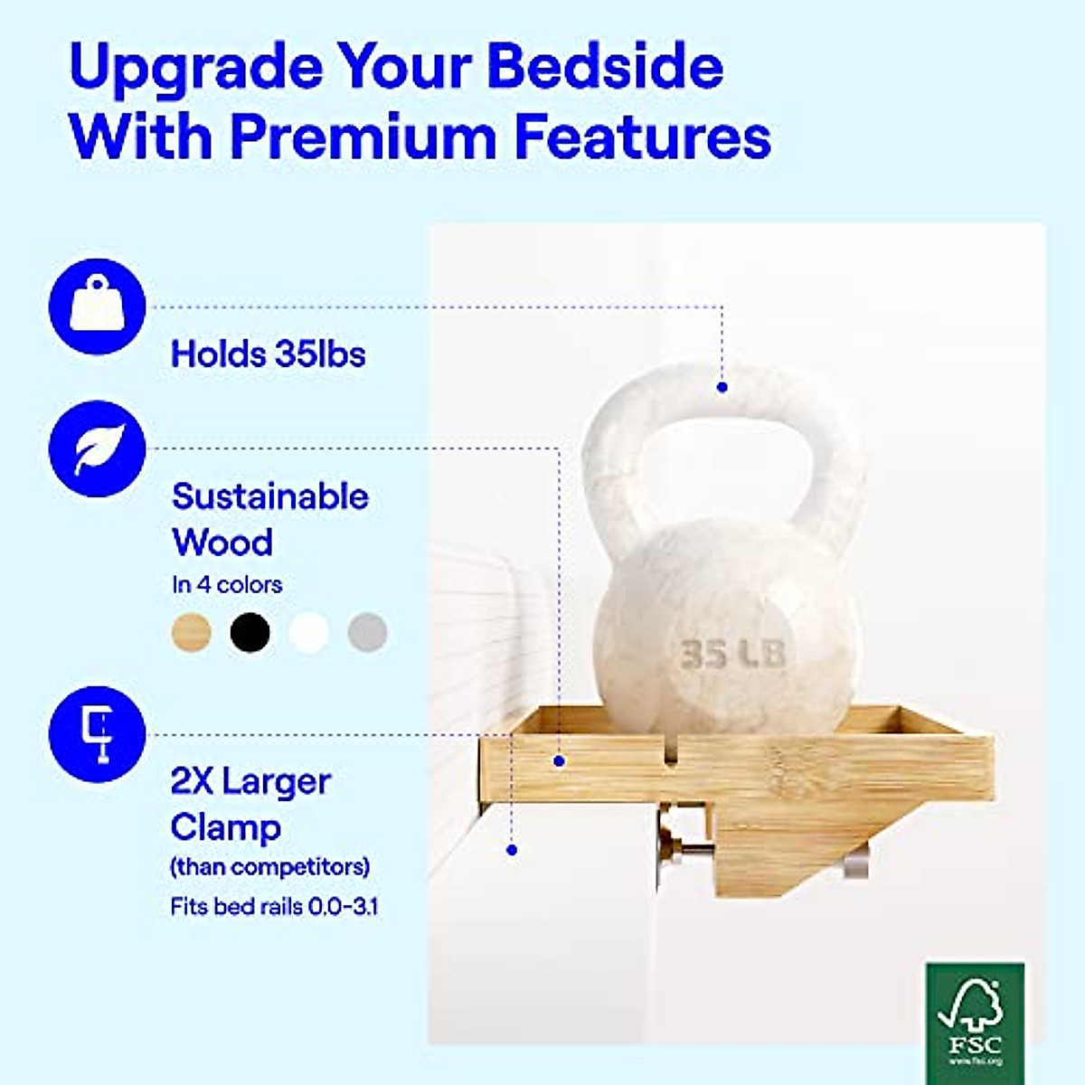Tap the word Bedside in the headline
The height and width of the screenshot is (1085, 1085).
pyautogui.click(x=605, y=66)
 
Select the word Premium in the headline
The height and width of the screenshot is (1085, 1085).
pyautogui.click(x=363, y=139)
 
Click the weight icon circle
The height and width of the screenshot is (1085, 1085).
pyautogui.click(x=98, y=307)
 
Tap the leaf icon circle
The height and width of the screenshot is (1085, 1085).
pyautogui.click(x=98, y=448)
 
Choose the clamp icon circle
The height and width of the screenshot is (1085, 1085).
pyautogui.click(x=98, y=734)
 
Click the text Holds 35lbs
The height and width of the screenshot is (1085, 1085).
pyautogui.click(x=268, y=354)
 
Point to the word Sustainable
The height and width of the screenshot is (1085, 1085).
pyautogui.click(x=270, y=496)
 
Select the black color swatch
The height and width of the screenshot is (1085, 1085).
pyautogui.click(x=250, y=632)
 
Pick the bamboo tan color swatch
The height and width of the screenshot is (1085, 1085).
pyautogui.click(x=192, y=632)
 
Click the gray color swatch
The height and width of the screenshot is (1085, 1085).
pyautogui.click(x=368, y=632)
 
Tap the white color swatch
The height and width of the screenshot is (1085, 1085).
pyautogui.click(x=308, y=632)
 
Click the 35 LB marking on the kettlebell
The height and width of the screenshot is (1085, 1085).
pyautogui.click(x=732, y=654)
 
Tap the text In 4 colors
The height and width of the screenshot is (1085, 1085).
pyautogui.click(x=227, y=585)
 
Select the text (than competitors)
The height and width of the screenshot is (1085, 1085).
pyautogui.click(x=270, y=866)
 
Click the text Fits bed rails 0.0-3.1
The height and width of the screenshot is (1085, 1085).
pyautogui.click(x=274, y=907)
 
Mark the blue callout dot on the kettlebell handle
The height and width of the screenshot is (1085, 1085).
pyautogui.click(x=722, y=387)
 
